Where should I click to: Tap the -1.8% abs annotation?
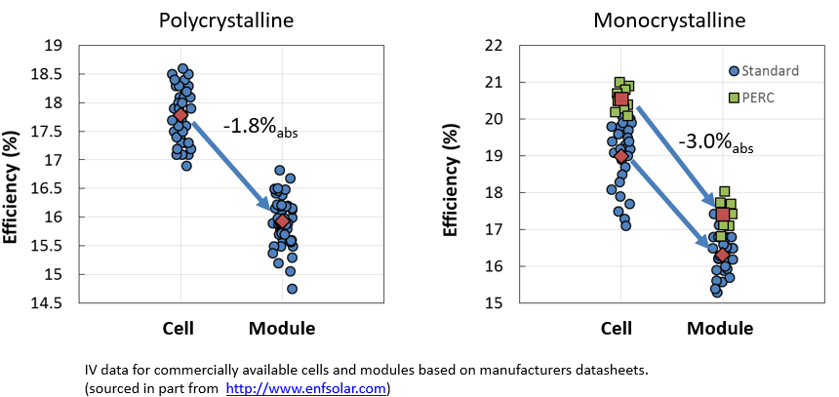[x=260, y=127]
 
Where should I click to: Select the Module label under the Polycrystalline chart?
[x=282, y=329]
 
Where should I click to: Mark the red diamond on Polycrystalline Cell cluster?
[x=181, y=115]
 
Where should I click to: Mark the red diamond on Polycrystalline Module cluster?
[x=283, y=221]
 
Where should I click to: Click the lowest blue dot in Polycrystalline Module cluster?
[x=292, y=289]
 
